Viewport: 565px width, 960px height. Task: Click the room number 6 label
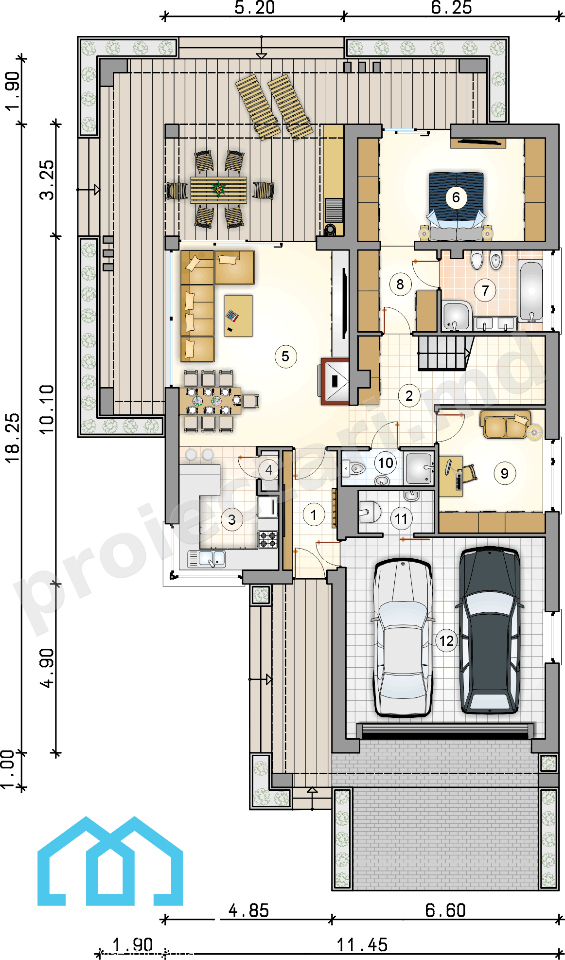[456, 197]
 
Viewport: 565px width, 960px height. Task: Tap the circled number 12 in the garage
[446, 641]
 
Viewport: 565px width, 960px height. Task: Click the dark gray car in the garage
[490, 630]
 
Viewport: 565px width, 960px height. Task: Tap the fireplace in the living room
[335, 381]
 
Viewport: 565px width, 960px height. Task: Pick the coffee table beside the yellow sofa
[238, 316]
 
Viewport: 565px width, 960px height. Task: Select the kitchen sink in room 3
[207, 559]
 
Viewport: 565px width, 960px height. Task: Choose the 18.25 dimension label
[13, 438]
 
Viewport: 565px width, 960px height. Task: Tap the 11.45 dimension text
[362, 945]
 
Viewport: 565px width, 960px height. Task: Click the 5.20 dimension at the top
[254, 8]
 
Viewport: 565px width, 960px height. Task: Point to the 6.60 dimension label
[445, 910]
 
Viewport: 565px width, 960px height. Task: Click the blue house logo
[110, 861]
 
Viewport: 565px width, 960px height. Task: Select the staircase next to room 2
[445, 353]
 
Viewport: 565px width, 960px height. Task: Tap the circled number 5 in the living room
[285, 356]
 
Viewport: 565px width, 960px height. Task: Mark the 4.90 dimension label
[47, 668]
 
